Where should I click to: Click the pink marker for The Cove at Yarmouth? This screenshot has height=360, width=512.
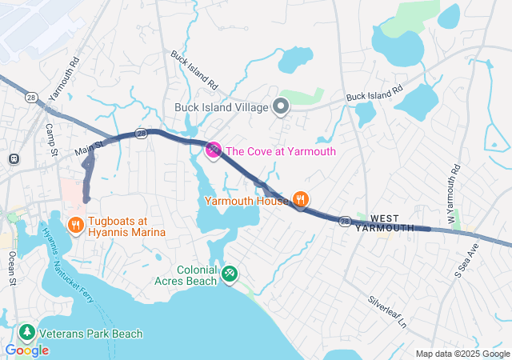click(x=214, y=150)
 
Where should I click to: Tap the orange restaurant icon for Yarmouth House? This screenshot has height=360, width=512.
click(x=300, y=199)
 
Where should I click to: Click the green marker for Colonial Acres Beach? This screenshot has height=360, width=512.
click(x=230, y=274)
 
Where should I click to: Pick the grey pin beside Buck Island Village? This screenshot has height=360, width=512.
click(x=281, y=106)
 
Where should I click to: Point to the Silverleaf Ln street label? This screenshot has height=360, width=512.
click(x=387, y=313)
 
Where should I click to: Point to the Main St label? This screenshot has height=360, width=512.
click(x=90, y=148)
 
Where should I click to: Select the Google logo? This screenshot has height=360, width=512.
click(x=26, y=350)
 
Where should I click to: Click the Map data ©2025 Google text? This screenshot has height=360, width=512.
click(x=462, y=354)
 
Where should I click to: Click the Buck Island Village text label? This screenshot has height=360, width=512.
click(x=222, y=107)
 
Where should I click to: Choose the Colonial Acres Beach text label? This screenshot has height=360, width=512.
click(x=186, y=275)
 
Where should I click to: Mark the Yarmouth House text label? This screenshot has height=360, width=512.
click(x=246, y=200)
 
